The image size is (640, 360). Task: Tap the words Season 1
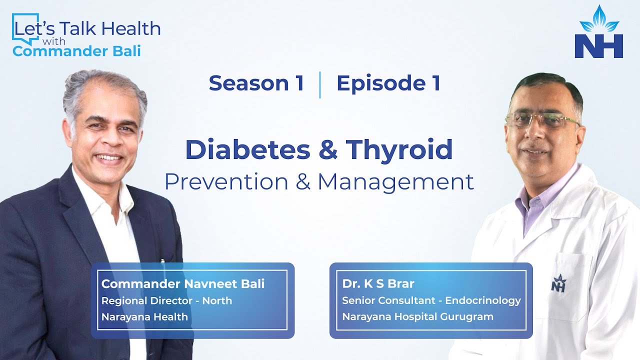[x=256, y=83]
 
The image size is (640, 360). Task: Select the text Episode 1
[x=388, y=83]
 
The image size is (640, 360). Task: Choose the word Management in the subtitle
[x=395, y=181]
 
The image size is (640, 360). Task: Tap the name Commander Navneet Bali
[x=183, y=284]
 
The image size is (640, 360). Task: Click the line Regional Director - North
[x=166, y=300]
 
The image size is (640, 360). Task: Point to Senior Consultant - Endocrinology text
[x=431, y=300]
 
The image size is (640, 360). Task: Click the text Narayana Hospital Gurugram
[x=417, y=316]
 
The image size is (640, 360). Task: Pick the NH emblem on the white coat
[x=558, y=283]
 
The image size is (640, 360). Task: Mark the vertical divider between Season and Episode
[x=319, y=84]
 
